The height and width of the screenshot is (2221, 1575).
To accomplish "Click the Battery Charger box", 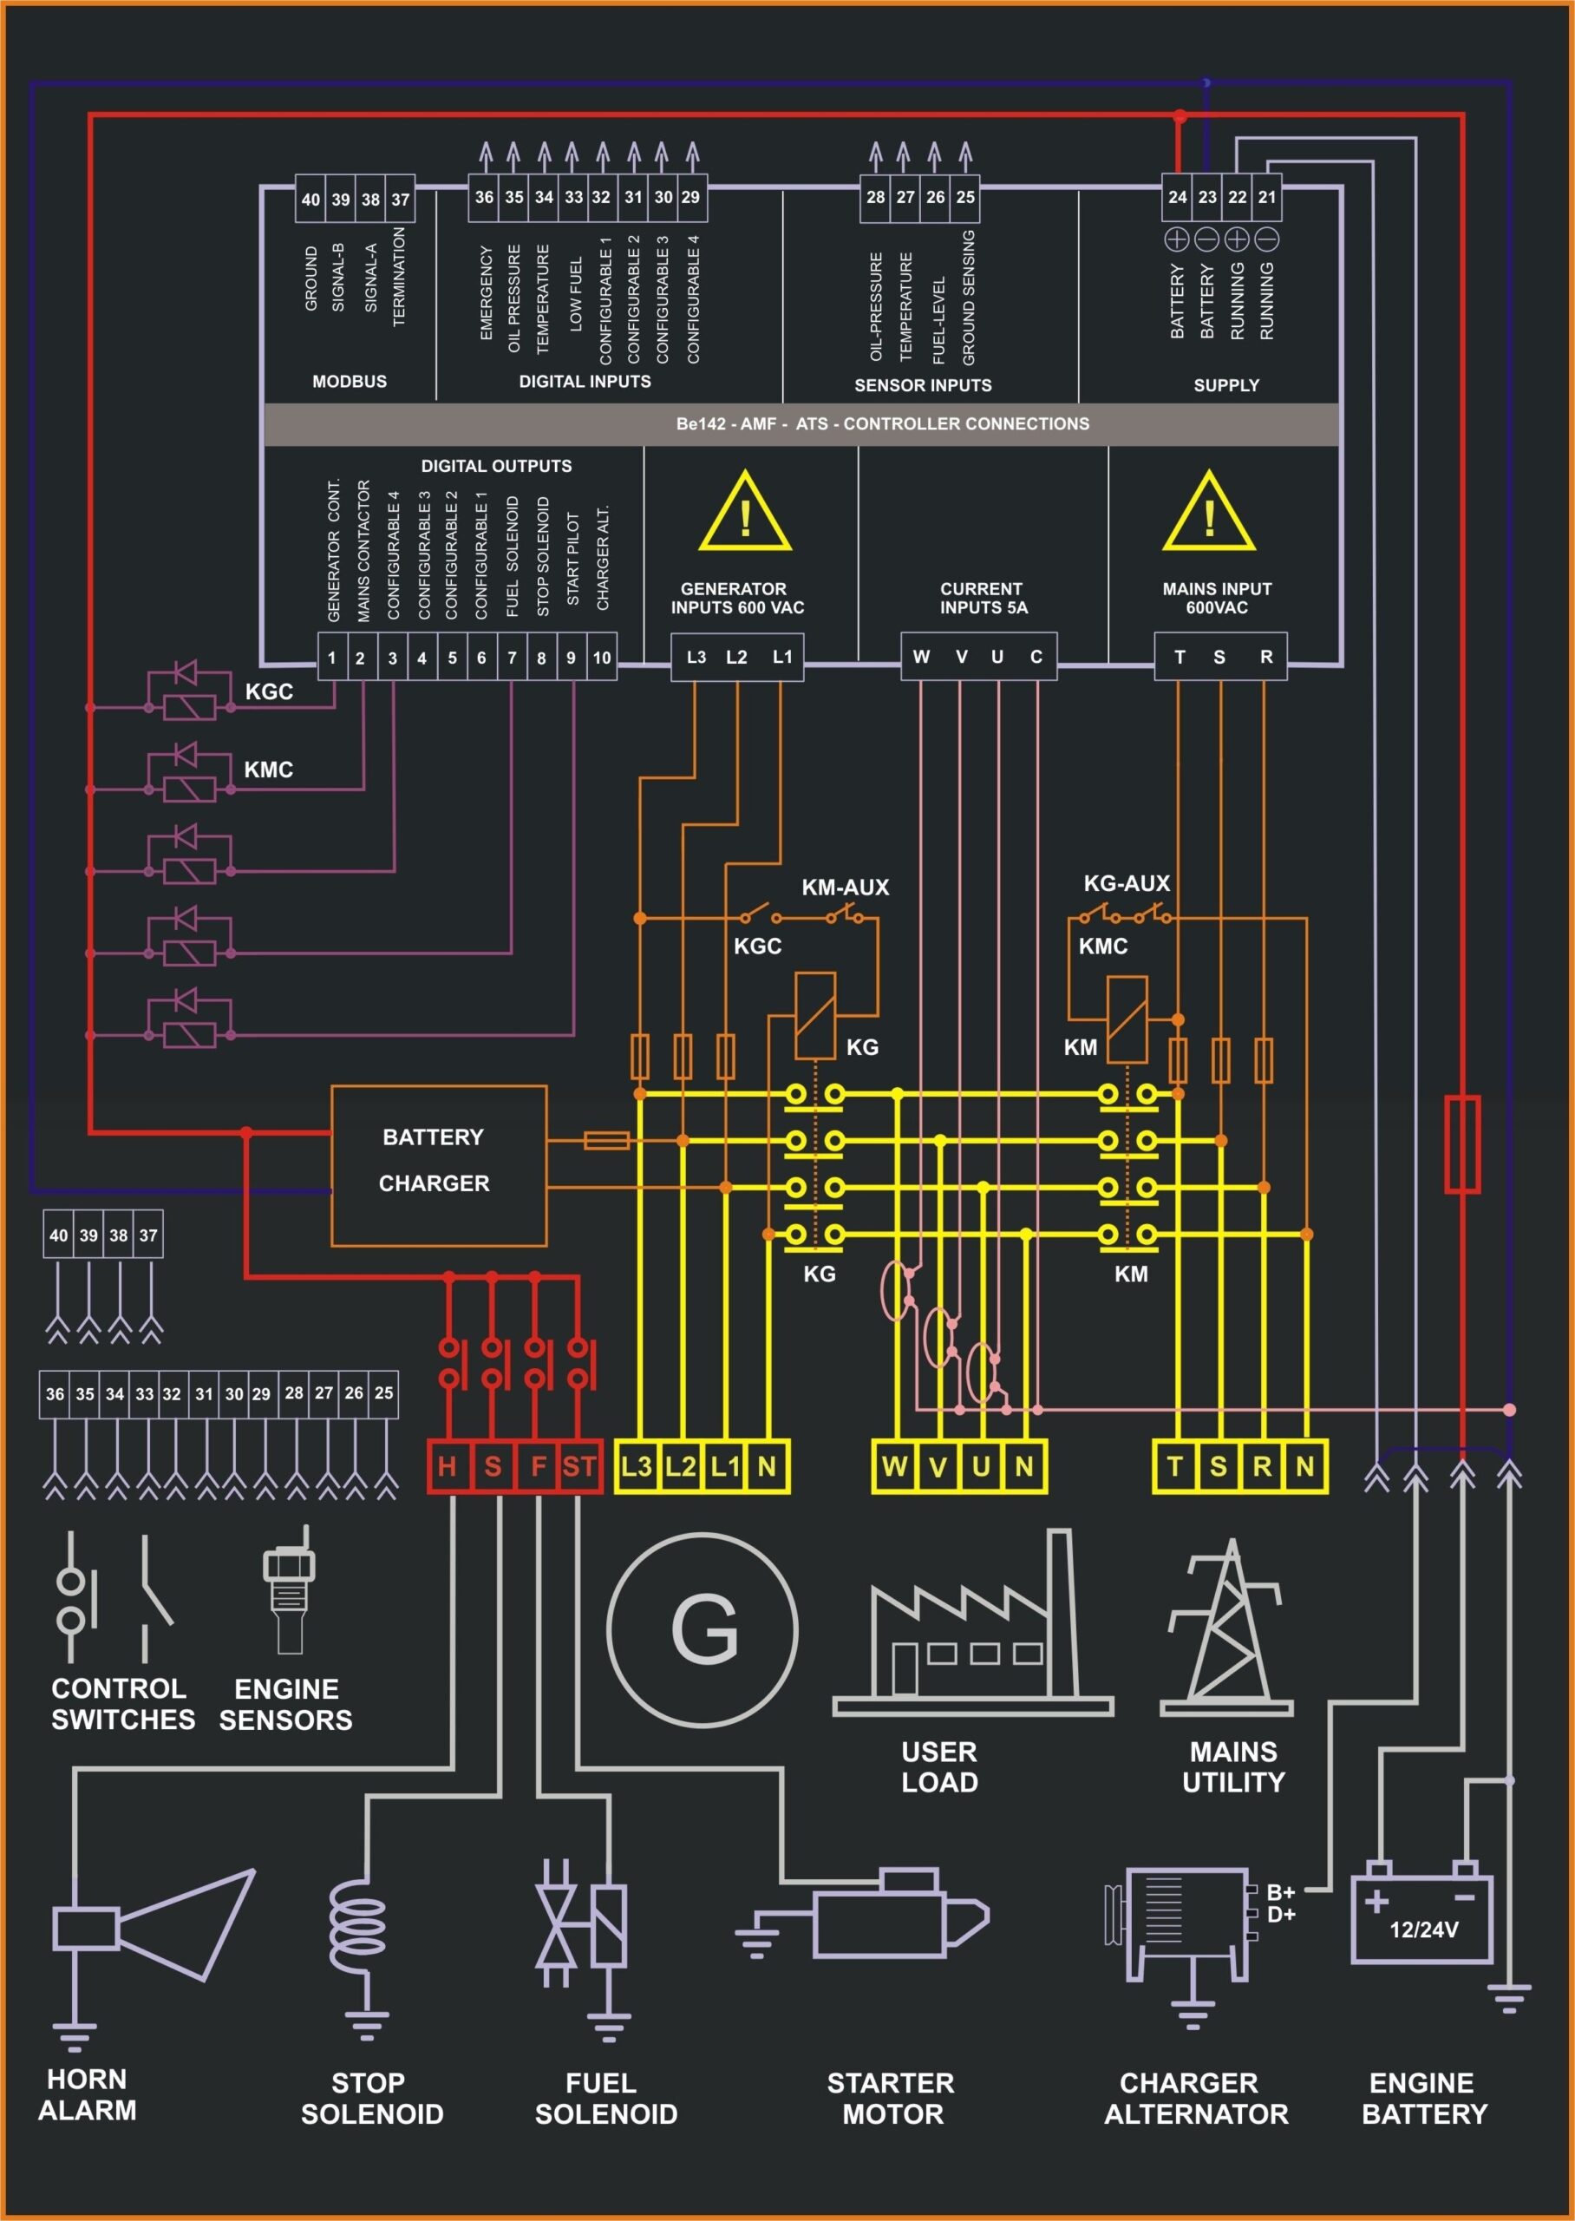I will [x=438, y=1165].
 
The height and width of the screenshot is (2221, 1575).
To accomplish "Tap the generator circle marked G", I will [x=703, y=1629].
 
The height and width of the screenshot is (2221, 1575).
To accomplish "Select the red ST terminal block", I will [x=579, y=1466].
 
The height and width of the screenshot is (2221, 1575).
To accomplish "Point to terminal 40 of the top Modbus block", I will [x=310, y=200].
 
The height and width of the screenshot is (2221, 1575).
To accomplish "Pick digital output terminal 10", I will [x=601, y=658].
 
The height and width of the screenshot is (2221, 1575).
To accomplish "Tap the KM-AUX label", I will [x=845, y=888].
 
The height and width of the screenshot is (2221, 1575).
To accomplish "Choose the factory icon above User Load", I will [x=973, y=1629].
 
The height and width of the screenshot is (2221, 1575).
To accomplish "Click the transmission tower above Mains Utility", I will [x=1227, y=1628].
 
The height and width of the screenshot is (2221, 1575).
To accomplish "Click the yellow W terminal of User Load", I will [x=893, y=1465].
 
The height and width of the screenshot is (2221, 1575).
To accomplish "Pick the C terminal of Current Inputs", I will [x=1036, y=657].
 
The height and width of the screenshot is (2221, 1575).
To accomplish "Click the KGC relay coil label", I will [x=269, y=691].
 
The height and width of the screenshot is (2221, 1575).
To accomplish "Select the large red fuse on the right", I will [x=1461, y=1143].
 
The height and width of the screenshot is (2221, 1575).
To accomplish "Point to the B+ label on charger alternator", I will [x=1280, y=1892].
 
